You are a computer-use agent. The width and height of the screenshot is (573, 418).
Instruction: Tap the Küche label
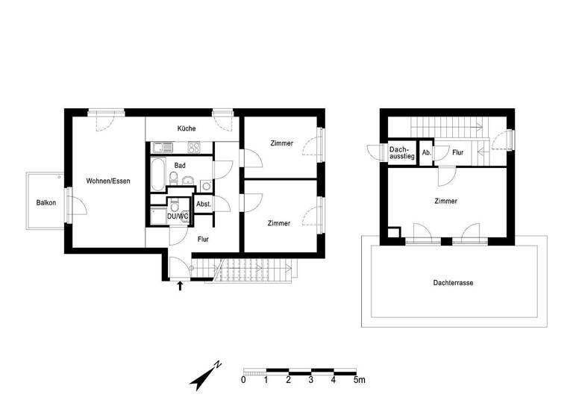pos(187,128)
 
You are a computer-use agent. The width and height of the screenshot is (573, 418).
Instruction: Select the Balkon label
pos(46,202)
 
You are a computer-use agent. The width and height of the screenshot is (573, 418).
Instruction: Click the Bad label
pos(180,165)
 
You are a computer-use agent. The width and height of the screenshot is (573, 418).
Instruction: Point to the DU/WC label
pos(177,216)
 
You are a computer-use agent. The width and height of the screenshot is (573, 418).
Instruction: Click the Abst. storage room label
pos(203,203)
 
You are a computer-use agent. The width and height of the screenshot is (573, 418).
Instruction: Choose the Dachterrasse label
pos(454,283)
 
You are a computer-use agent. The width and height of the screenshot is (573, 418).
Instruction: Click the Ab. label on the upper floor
pos(426,152)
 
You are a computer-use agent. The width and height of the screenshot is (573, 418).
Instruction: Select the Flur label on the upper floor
pos(457,152)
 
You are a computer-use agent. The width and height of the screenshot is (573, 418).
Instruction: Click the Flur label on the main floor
pos(203,240)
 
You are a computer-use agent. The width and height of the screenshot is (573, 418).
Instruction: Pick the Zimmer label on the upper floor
pos(446,201)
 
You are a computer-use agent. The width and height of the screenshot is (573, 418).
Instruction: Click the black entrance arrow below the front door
pos(179,284)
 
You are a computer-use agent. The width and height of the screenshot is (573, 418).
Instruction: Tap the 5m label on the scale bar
pos(360,380)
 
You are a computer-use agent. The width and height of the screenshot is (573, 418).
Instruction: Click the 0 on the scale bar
pos(244,380)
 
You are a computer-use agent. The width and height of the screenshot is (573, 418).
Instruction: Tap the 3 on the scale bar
pos(311,380)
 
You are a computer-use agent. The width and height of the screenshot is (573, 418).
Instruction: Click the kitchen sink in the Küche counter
pos(161,147)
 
